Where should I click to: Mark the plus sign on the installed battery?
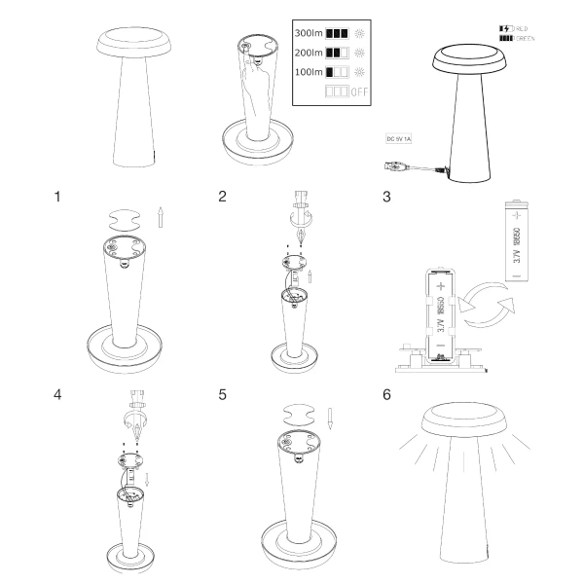tap(440, 287)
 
